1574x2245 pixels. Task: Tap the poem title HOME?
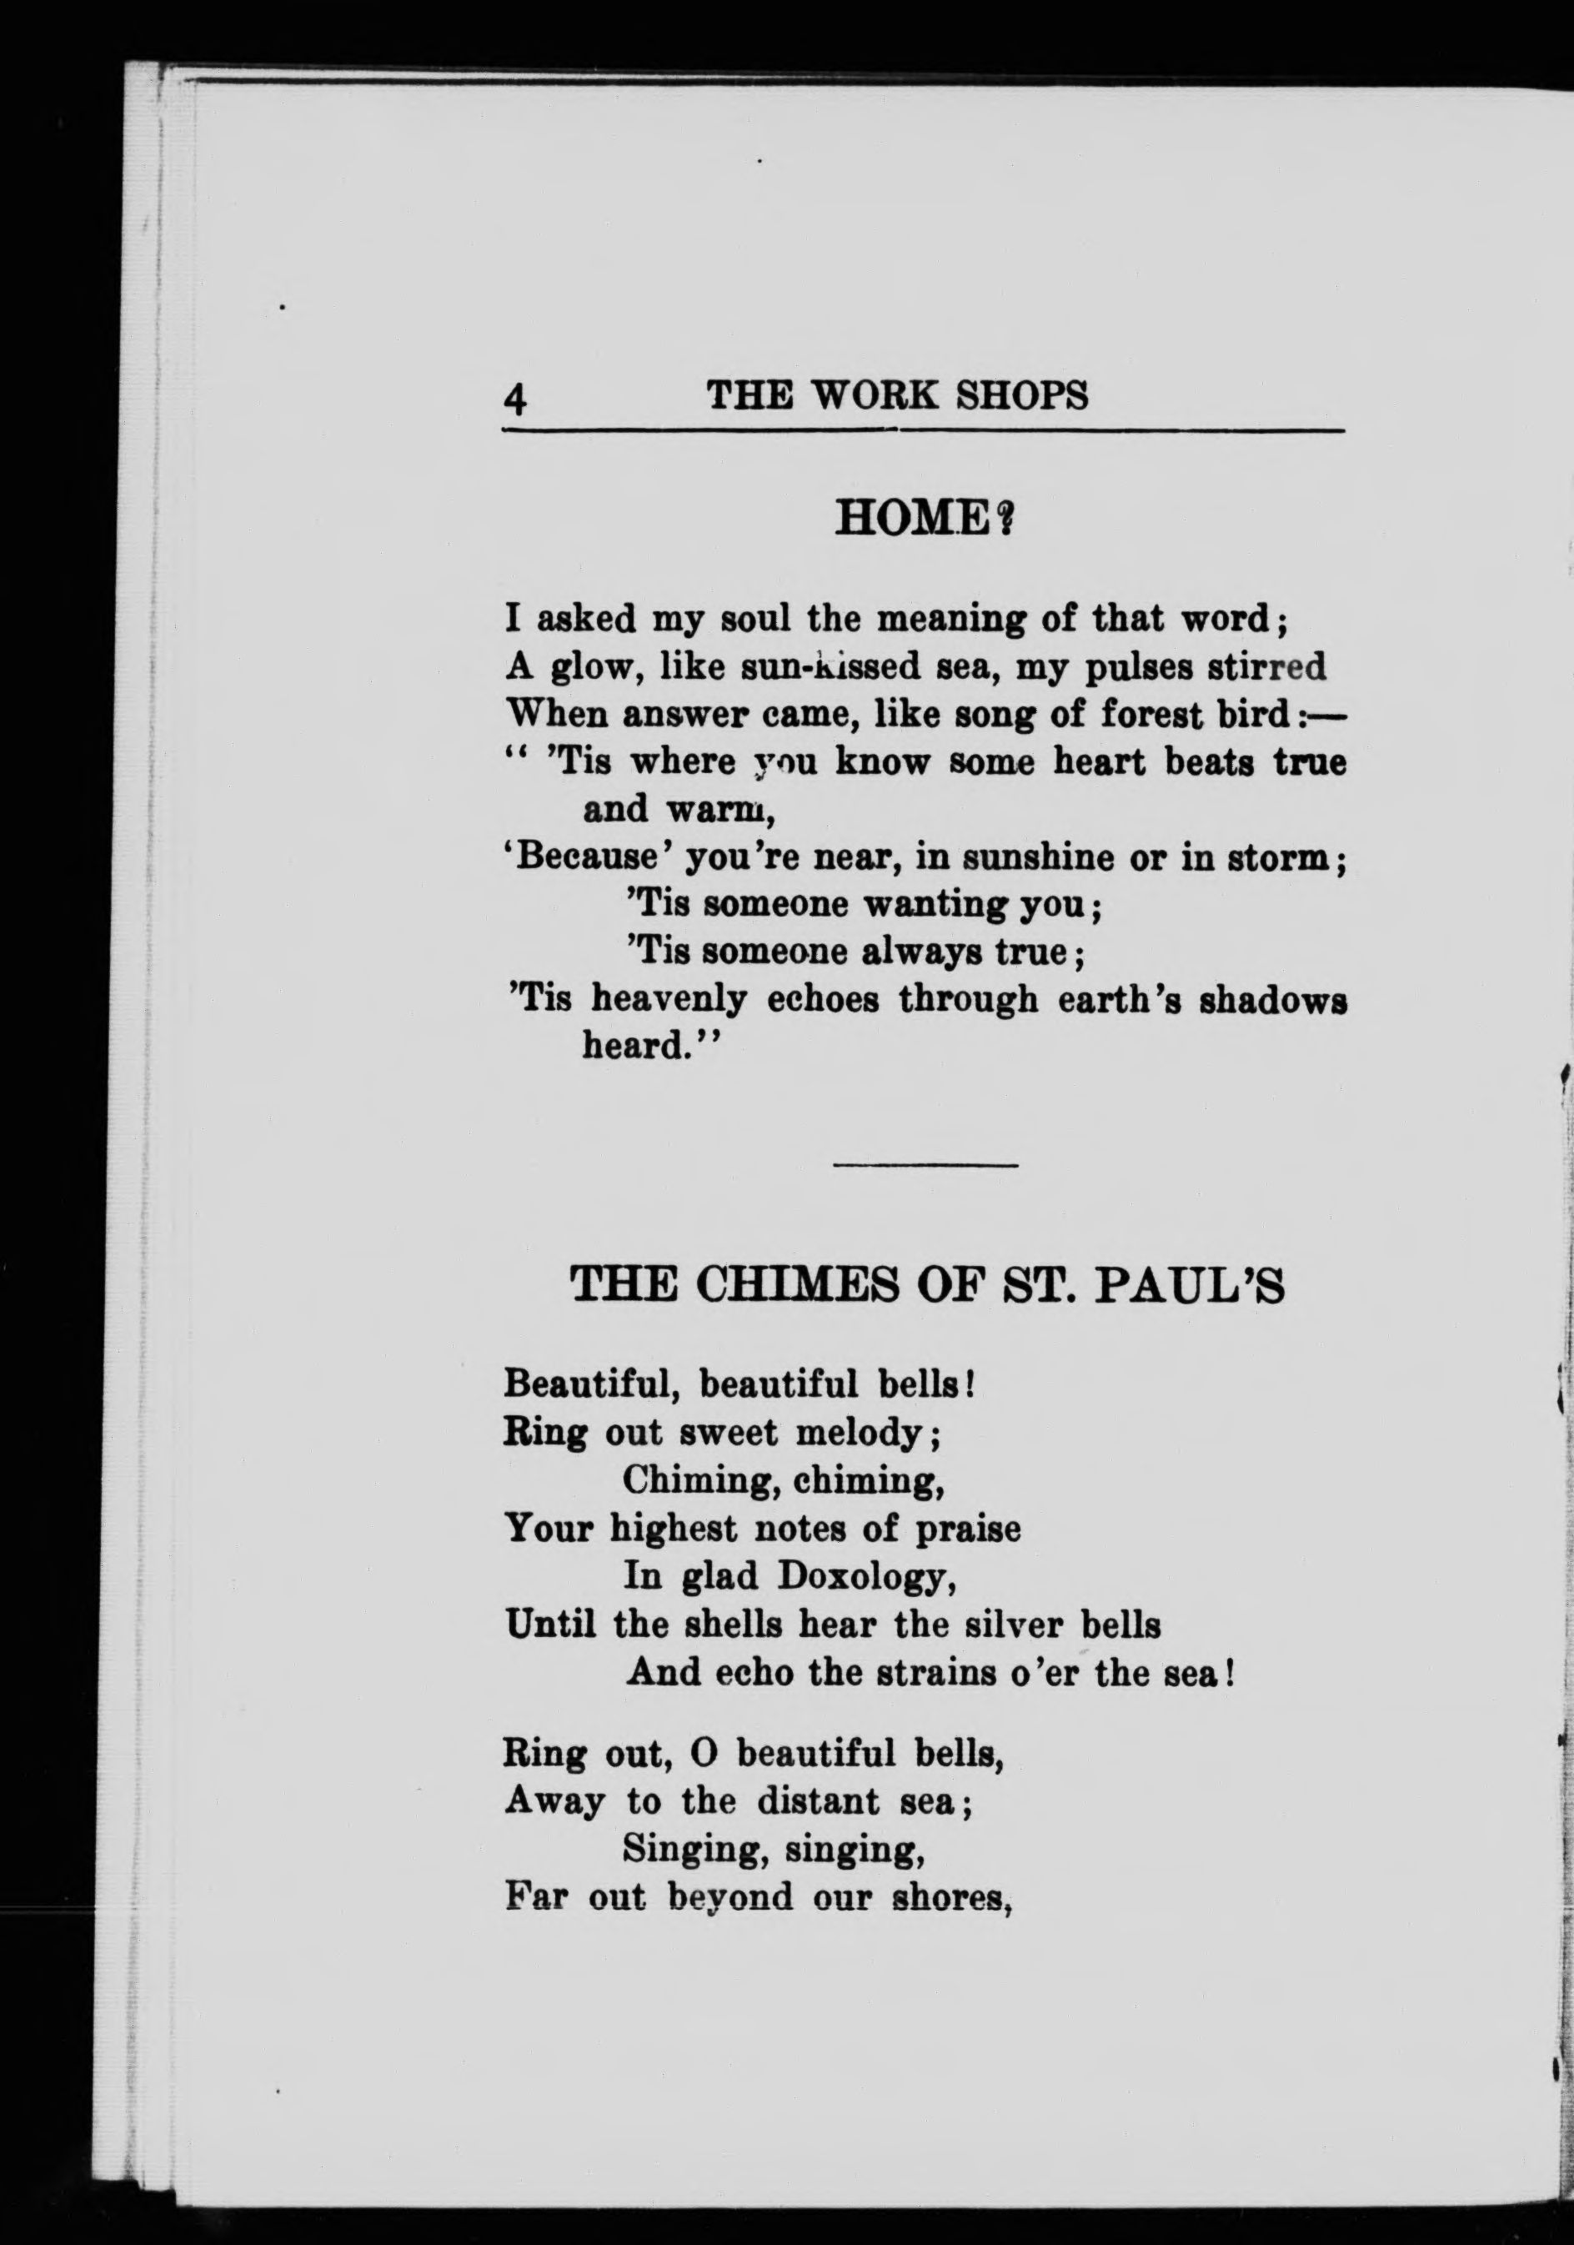922,518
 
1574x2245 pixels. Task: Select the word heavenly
669,999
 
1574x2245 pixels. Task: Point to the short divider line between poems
925,1164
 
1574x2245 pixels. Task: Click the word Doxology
860,1577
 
